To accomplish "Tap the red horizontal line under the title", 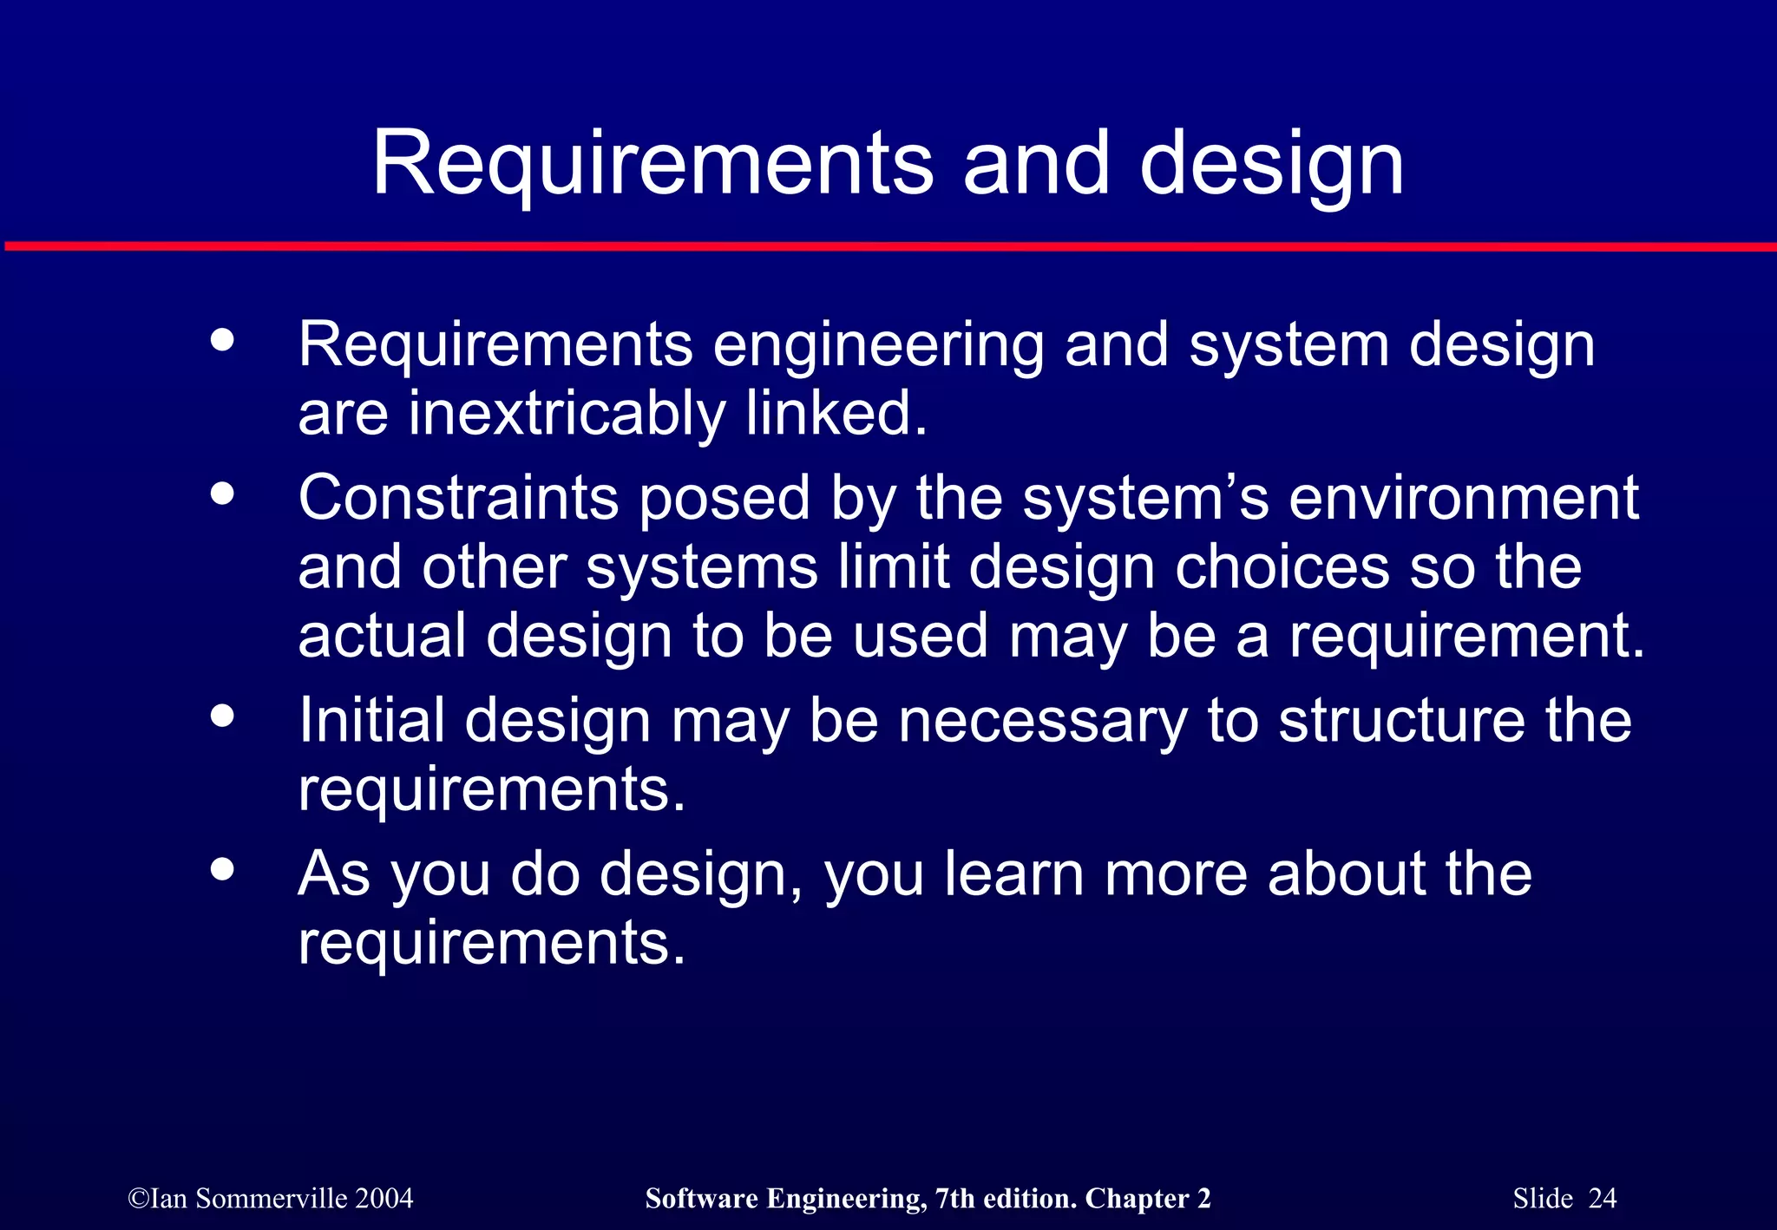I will click(888, 247).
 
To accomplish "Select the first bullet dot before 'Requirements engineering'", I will click(223, 340).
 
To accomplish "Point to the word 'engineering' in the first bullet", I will click(878, 346).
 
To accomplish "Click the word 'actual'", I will click(382, 635).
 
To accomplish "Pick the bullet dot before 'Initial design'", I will click(223, 716).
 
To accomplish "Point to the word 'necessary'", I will click(1042, 722).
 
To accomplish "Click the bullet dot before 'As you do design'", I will click(223, 869).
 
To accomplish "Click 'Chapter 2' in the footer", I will click(1147, 1199).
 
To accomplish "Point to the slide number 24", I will click(1603, 1199).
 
